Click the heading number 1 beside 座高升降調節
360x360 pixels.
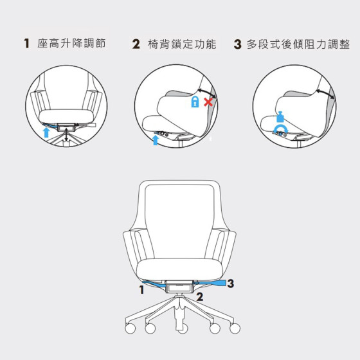(x=26, y=44)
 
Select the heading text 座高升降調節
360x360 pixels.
(x=71, y=43)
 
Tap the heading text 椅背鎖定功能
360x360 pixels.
(x=182, y=44)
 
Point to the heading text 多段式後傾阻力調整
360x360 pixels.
(x=298, y=44)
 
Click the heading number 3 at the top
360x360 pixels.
(x=238, y=44)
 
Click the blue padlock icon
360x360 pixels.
(x=195, y=102)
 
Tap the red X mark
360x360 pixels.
(x=208, y=102)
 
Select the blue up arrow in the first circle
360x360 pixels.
(x=46, y=132)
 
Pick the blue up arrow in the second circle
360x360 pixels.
(x=156, y=140)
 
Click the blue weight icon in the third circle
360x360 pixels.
(x=280, y=117)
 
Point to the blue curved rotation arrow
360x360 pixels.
(x=280, y=127)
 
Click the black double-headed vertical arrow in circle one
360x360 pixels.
(x=66, y=135)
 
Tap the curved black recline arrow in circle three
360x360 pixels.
(x=326, y=93)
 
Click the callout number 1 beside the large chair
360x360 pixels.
(x=141, y=290)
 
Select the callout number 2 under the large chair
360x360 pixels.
(x=200, y=296)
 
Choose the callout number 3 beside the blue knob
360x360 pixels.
(x=231, y=283)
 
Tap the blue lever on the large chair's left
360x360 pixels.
(x=154, y=283)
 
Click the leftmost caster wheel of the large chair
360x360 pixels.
(x=130, y=328)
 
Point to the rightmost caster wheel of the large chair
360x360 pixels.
(x=235, y=328)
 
